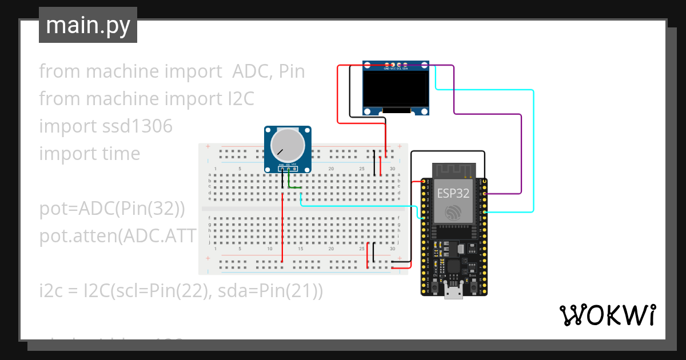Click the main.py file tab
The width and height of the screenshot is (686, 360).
(x=88, y=25)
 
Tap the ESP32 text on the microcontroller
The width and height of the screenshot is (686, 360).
(x=453, y=193)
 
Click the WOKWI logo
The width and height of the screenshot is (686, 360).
(x=607, y=315)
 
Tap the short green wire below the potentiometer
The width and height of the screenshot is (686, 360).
(x=294, y=186)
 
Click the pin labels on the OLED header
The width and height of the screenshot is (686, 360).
(x=396, y=68)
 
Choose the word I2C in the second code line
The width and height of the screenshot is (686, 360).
(x=237, y=99)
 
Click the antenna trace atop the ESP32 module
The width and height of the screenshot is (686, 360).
(x=453, y=169)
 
